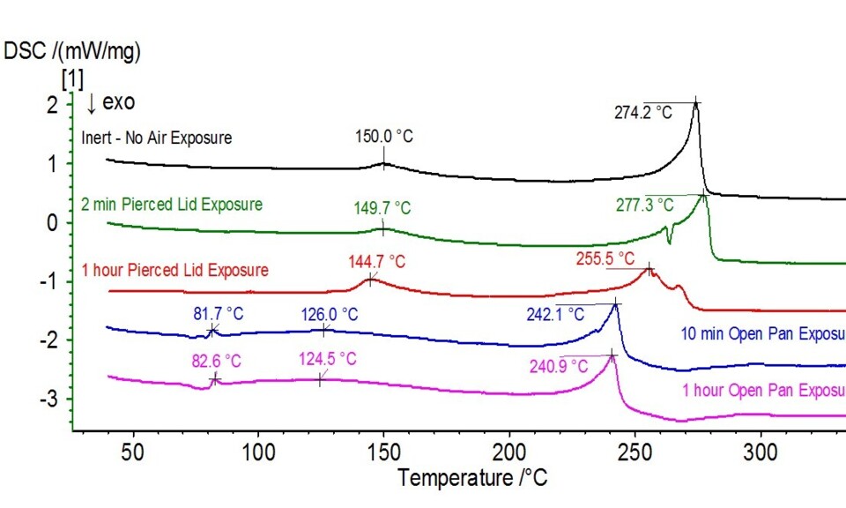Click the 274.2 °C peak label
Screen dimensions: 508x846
(x=643, y=113)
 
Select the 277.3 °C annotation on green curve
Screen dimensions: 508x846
(x=644, y=205)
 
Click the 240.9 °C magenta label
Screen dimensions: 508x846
(x=558, y=365)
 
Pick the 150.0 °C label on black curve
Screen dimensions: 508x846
(x=383, y=137)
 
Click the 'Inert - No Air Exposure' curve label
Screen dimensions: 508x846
(x=156, y=138)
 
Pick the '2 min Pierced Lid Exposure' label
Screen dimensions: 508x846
(x=172, y=205)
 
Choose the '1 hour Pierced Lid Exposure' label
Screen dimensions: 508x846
(x=174, y=270)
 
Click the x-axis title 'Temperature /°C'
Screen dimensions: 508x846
(x=471, y=479)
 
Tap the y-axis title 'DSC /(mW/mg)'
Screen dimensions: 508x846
(x=73, y=51)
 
